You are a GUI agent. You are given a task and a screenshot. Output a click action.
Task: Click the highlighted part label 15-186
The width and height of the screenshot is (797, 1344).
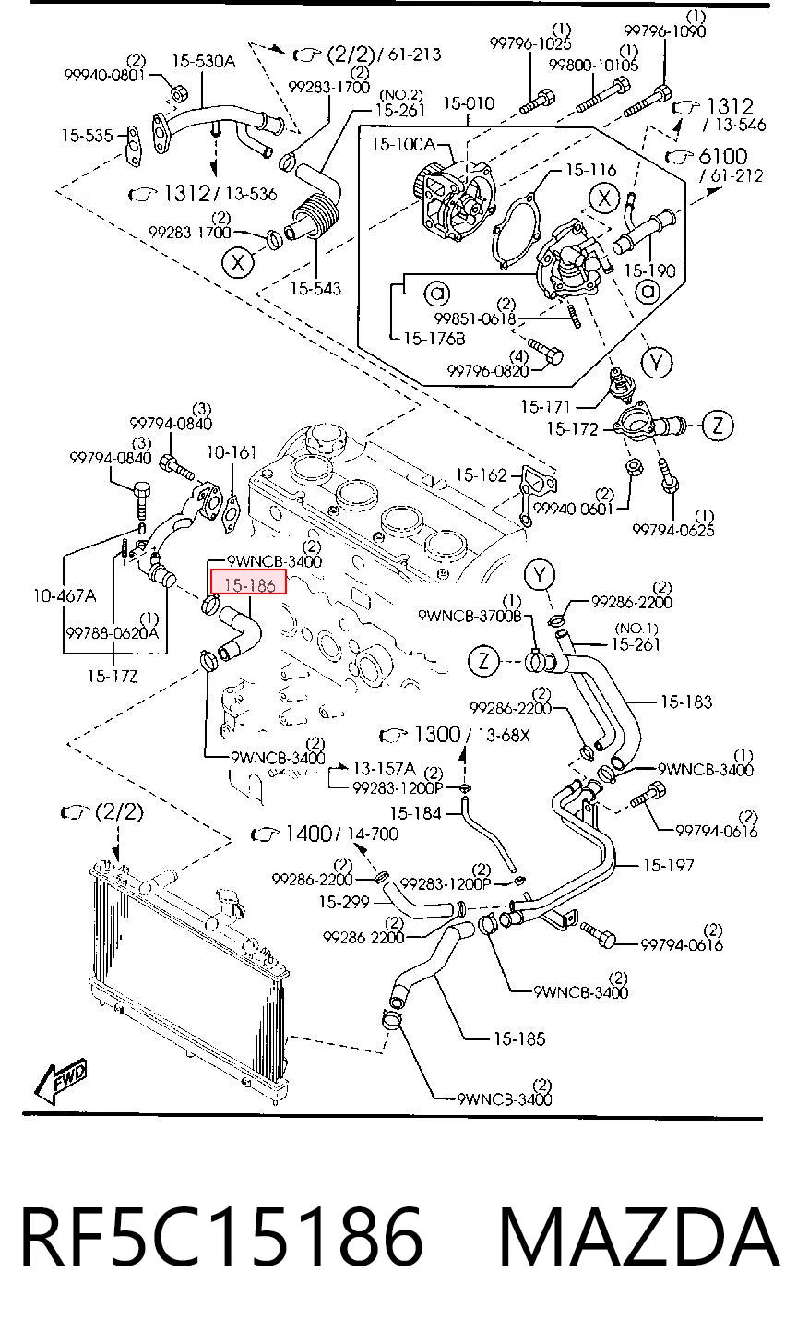(249, 583)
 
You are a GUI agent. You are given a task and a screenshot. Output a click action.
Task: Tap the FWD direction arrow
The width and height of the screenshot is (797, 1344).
(60, 1081)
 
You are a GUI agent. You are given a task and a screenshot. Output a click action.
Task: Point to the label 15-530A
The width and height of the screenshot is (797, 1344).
(204, 61)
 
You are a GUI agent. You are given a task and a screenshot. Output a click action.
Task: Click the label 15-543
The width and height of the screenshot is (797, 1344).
(315, 289)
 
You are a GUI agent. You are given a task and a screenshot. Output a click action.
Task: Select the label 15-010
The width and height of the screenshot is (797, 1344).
(469, 103)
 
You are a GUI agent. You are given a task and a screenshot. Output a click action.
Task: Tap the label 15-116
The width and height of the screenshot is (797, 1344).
(590, 170)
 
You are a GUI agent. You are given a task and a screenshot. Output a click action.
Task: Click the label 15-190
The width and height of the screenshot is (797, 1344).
(650, 270)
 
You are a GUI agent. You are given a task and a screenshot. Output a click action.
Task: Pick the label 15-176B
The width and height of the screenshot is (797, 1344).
(434, 339)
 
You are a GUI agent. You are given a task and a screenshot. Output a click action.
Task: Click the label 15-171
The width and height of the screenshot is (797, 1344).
(545, 407)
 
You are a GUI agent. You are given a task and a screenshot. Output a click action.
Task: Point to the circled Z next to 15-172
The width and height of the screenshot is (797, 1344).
(718, 426)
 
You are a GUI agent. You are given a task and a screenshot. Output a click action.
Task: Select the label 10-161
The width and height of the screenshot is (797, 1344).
(232, 451)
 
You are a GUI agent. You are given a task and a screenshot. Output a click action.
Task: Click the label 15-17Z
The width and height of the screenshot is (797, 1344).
(113, 677)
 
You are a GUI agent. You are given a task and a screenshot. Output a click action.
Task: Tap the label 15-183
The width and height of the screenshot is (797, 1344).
(686, 702)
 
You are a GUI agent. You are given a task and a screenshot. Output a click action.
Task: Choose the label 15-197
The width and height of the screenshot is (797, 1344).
(669, 865)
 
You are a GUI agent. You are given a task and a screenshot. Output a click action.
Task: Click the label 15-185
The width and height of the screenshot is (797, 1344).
(519, 1038)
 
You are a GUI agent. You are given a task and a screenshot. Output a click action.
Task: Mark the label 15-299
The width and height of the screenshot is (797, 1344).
(344, 902)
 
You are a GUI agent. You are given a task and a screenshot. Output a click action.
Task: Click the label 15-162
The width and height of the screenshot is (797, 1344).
(481, 475)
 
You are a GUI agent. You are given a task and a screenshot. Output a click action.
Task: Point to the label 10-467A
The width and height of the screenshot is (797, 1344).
(65, 595)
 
